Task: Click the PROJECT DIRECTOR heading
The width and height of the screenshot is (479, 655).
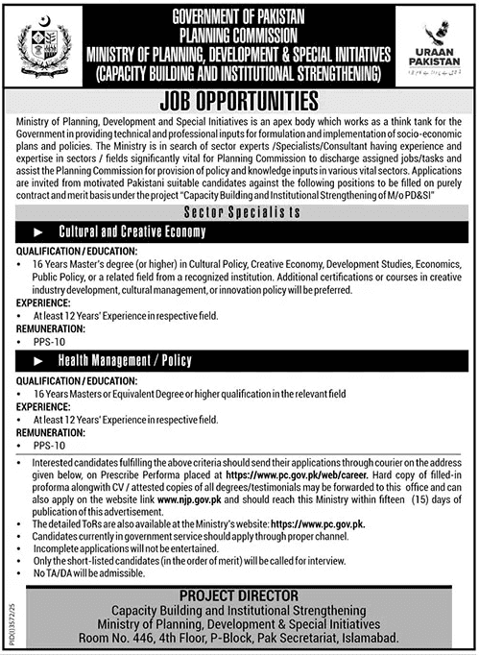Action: pos(240,569)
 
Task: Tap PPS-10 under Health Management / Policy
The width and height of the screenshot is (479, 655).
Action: pos(45,445)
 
